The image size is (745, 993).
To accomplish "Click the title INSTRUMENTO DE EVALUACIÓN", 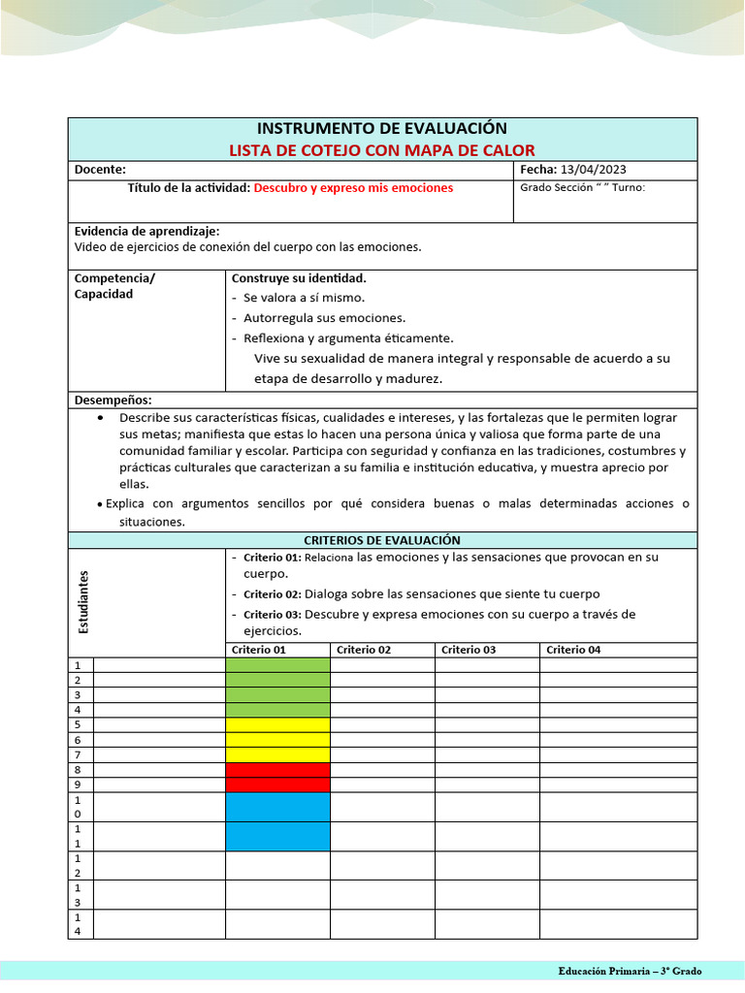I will [381, 128].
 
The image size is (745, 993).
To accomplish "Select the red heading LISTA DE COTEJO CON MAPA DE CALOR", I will [381, 149].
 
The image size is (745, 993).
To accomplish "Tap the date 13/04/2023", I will [594, 170].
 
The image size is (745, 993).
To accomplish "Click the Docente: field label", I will [100, 170].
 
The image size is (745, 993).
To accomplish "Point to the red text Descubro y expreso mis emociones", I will [353, 188].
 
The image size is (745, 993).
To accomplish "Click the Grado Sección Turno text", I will [582, 188].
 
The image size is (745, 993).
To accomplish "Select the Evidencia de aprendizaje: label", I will [146, 231].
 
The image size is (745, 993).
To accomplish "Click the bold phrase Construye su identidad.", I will [299, 277].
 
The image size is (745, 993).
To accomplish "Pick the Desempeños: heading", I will [113, 400].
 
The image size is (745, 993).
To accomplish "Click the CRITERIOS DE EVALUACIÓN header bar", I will [381, 540].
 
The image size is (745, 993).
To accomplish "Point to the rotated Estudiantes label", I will [83, 602].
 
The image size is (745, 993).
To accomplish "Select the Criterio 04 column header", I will [573, 650].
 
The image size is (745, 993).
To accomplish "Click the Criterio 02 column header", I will [364, 650].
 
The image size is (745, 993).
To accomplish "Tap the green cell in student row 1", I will [277, 665].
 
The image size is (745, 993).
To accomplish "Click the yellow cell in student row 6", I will [277, 740].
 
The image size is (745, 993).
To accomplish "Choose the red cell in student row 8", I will [277, 770].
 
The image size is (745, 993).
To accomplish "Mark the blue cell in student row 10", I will [277, 807].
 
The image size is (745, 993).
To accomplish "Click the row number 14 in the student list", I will [78, 924].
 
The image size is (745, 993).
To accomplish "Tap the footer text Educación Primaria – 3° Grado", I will [630, 971].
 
